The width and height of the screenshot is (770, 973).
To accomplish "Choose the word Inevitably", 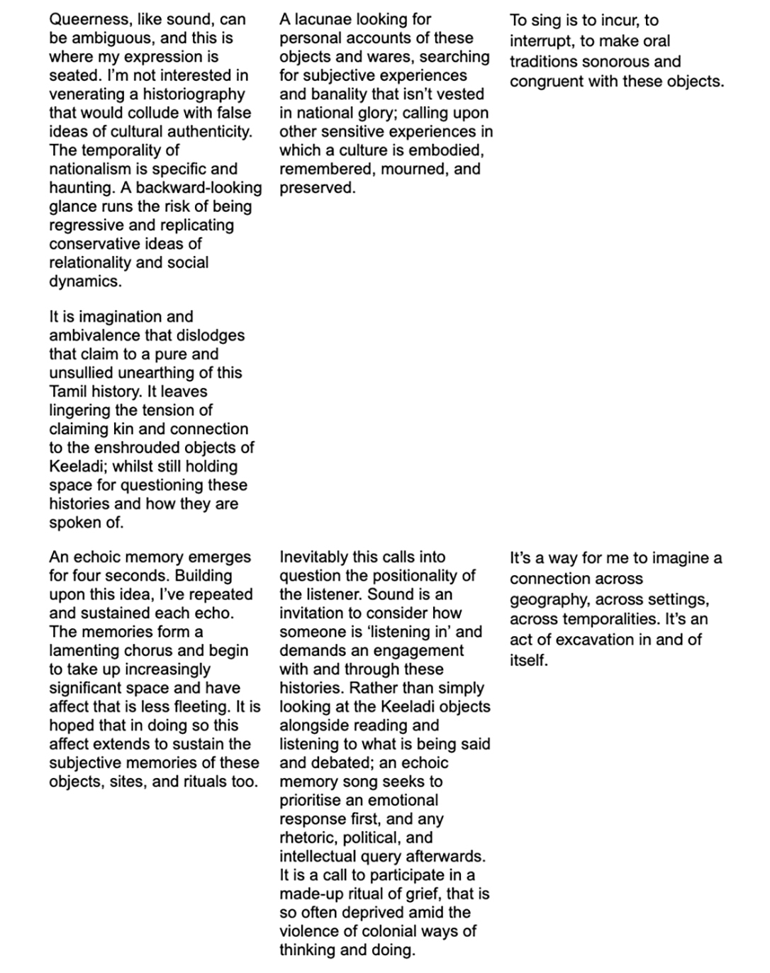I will click(x=316, y=557).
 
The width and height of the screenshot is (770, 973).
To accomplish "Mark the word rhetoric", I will click(x=308, y=838).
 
